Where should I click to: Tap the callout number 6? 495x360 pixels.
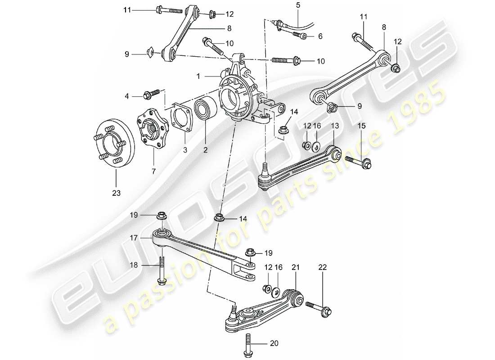coord(320,36)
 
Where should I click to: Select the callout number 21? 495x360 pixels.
coord(295,267)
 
